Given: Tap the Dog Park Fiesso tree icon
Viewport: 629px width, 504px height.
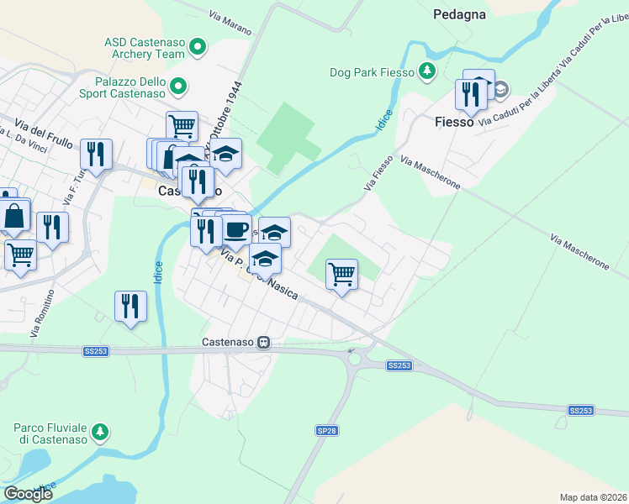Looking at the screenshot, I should click(428, 71).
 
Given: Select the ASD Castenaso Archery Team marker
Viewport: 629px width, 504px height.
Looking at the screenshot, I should click(198, 47).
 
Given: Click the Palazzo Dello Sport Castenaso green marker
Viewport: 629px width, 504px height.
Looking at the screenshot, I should click(178, 86).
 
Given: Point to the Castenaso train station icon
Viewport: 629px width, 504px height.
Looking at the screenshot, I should click(264, 343).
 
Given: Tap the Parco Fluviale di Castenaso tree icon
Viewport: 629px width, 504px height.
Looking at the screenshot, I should click(100, 432).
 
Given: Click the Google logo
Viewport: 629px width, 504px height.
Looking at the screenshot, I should click(28, 494).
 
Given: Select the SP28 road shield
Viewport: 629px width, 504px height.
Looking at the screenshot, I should click(327, 430).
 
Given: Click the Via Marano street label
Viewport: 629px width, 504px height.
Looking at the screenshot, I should click(230, 23).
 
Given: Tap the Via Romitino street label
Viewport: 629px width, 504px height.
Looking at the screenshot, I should click(42, 313).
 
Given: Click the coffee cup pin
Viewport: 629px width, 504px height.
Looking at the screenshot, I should click(236, 228).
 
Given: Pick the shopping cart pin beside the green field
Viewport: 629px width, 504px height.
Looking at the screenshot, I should click(341, 274).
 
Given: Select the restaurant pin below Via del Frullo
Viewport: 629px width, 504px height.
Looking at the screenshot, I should click(96, 155).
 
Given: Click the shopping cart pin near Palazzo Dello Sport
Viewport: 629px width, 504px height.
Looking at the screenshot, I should click(182, 127).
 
